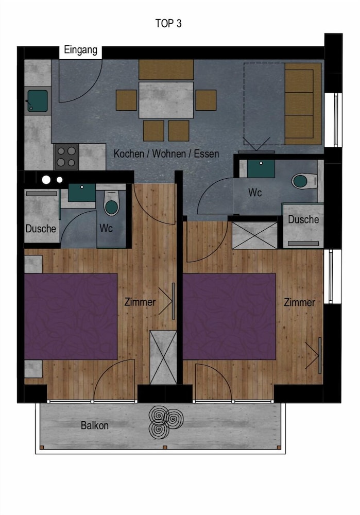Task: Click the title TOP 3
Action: [x=168, y=23]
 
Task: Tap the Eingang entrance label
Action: [x=80, y=50]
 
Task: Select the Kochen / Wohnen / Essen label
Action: [x=166, y=153]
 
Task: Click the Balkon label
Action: [x=95, y=425]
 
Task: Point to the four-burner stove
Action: [x=66, y=157]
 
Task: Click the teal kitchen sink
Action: [x=38, y=101]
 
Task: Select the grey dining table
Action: [x=166, y=100]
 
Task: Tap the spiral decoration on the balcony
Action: [x=166, y=422]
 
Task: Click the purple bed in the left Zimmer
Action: [x=71, y=316]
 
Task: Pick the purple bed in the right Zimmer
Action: [x=229, y=316]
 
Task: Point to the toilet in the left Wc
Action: [x=112, y=203]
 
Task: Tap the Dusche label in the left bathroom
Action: [x=41, y=229]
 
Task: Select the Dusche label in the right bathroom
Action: [x=303, y=219]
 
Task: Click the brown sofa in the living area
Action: [x=303, y=104]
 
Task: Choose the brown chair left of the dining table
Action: [x=126, y=100]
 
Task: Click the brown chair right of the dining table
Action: [x=206, y=100]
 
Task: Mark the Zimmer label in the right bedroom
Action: [x=299, y=302]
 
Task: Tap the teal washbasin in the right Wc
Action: [x=261, y=168]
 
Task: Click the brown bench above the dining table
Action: [x=166, y=70]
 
